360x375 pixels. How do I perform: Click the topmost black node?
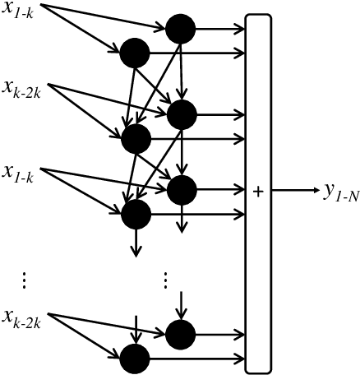[180, 30]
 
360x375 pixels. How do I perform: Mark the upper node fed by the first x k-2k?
[180, 113]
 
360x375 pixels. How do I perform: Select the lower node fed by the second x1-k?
[135, 215]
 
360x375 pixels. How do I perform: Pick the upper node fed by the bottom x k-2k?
[180, 334]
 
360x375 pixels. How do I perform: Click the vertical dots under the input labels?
[25, 280]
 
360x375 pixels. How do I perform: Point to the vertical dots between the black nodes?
[165, 280]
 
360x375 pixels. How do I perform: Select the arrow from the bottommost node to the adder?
[197, 359]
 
